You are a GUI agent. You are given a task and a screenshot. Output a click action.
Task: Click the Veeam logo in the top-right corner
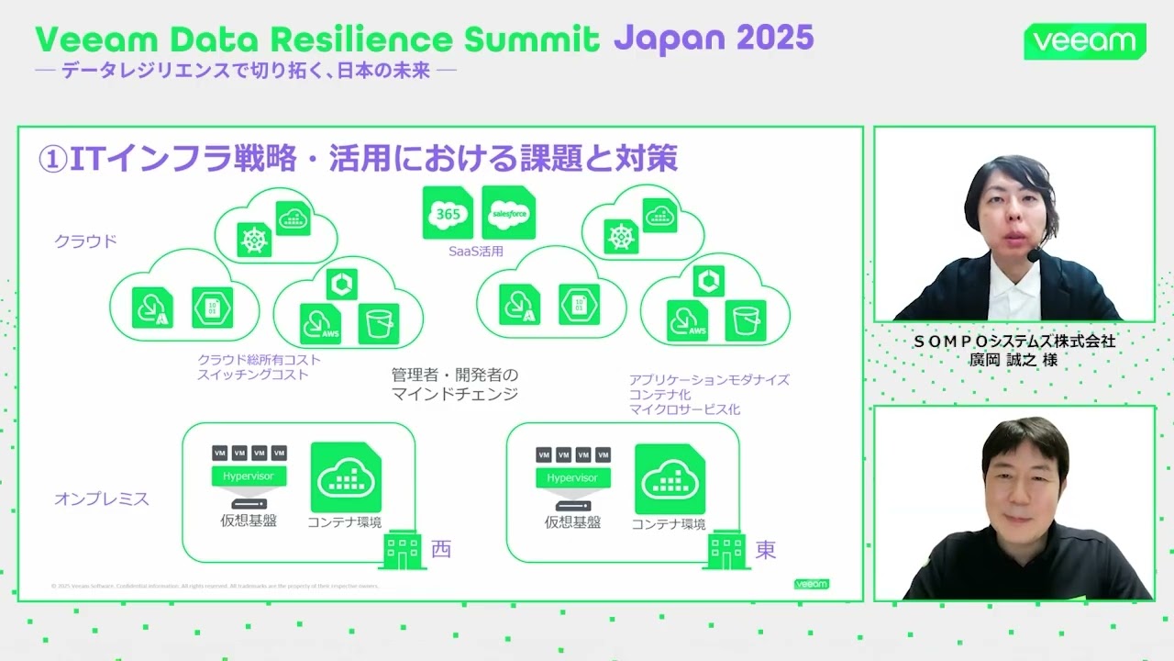[x=1085, y=41]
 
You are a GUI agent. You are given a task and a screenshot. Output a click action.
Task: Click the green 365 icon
[x=448, y=213]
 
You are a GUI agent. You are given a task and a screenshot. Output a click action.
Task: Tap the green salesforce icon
[x=508, y=213]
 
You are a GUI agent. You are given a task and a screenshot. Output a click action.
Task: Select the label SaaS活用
[x=476, y=251]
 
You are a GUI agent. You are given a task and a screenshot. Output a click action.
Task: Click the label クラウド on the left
[x=86, y=241]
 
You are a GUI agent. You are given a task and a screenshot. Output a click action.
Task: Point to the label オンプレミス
[x=102, y=499]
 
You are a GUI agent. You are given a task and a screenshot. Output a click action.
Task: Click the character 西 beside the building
[x=441, y=549]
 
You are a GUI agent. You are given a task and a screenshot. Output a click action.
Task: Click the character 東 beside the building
[x=766, y=549]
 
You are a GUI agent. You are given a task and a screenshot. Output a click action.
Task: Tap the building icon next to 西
[x=402, y=552]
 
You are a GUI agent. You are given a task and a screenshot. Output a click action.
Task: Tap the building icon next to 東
[x=726, y=552]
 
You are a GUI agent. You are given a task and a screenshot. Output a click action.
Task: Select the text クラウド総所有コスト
[x=260, y=360]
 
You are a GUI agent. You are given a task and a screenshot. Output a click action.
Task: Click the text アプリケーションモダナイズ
[x=709, y=379]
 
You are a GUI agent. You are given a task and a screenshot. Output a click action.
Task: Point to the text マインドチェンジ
[x=455, y=394]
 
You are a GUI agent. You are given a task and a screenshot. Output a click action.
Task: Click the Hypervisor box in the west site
[x=249, y=476]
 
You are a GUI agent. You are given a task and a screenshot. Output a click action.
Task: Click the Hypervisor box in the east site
[x=572, y=477]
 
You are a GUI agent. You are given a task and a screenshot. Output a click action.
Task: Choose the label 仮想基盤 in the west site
[x=249, y=521]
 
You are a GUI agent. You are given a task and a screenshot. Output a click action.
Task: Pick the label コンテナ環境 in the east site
[x=669, y=524]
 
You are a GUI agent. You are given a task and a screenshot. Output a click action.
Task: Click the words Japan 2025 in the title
[x=713, y=39]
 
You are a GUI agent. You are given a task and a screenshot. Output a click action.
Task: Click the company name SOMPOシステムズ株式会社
[x=1013, y=341]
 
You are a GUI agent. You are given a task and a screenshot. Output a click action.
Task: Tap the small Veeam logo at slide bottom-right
[x=811, y=584]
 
